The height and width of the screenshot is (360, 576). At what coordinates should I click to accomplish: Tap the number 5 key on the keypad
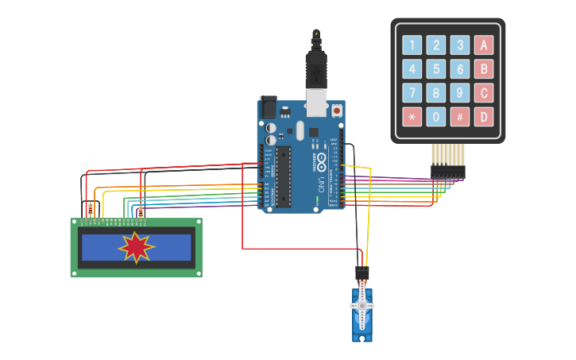pyautogui.click(x=435, y=69)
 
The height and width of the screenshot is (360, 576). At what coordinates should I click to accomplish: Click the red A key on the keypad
pyautogui.click(x=484, y=45)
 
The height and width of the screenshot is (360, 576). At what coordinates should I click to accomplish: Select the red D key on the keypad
pyautogui.click(x=484, y=117)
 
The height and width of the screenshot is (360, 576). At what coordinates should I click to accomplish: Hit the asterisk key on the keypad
pyautogui.click(x=412, y=117)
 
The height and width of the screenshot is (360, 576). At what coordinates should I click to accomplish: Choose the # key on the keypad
pyautogui.click(x=459, y=117)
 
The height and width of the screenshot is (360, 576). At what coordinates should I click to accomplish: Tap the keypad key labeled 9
pyautogui.click(x=459, y=93)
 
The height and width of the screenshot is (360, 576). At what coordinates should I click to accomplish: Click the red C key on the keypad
pyautogui.click(x=484, y=93)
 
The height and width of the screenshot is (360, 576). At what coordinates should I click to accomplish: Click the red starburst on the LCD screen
pyautogui.click(x=136, y=248)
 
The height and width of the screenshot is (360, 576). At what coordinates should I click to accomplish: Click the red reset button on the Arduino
pyautogui.click(x=337, y=111)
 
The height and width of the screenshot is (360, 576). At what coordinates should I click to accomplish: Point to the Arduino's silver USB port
pyautogui.click(x=317, y=103)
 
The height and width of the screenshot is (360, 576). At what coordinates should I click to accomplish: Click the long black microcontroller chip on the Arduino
pyautogui.click(x=282, y=176)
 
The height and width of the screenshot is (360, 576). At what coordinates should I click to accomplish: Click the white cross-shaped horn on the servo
pyautogui.click(x=362, y=306)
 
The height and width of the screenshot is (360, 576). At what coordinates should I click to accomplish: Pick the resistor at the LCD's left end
pyautogui.click(x=90, y=210)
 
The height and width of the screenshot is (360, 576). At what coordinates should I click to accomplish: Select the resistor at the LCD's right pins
pyautogui.click(x=141, y=211)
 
